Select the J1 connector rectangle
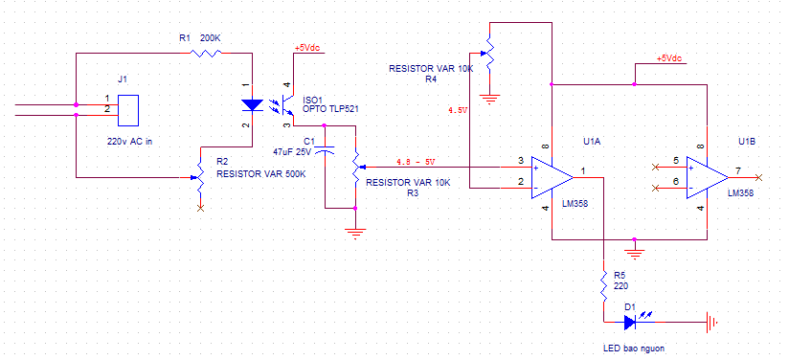[128, 110]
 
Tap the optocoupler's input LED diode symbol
[252, 104]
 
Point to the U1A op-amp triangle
[552, 178]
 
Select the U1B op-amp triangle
[707, 178]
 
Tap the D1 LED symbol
[632, 322]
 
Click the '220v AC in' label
[129, 142]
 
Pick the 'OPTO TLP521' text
[330, 108]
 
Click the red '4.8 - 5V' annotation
[416, 162]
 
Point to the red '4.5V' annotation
[458, 109]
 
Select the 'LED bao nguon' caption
[637, 348]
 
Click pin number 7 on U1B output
[737, 170]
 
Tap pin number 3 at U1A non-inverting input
[521, 161]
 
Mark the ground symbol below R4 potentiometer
[489, 99]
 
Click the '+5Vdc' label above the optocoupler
[307, 48]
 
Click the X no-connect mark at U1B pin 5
[655, 167]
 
